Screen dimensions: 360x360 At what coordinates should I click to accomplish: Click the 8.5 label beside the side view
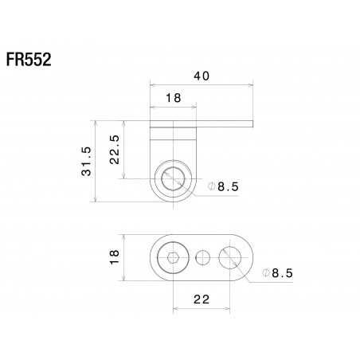tap(227, 186)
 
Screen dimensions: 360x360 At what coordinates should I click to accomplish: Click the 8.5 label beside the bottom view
tap(281, 273)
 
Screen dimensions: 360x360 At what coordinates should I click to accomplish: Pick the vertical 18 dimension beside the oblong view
tap(115, 256)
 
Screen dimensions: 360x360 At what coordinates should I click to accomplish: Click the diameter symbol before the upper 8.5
tap(210, 186)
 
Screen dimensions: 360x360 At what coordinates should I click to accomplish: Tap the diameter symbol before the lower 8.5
tap(264, 273)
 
